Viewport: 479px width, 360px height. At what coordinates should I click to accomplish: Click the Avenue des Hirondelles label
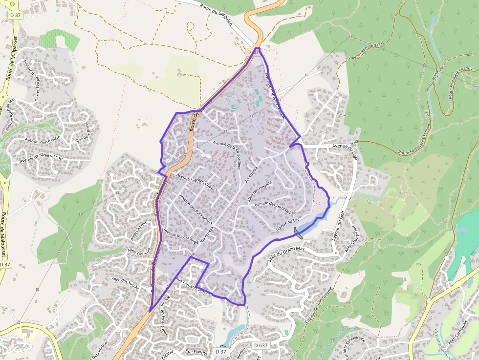(x=275, y=209)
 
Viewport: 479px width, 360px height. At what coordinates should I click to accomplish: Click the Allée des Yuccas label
(x=126, y=283)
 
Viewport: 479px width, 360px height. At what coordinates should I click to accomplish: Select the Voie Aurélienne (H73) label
(x=367, y=51)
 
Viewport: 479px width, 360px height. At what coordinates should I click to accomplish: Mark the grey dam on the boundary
(x=299, y=233)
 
